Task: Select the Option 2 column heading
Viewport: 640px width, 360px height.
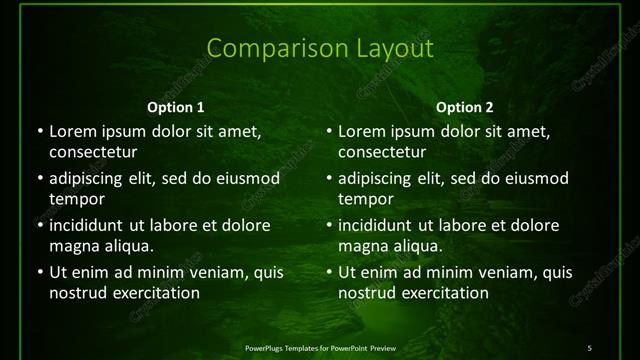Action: (465, 107)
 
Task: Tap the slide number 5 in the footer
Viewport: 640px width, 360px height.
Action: (590, 347)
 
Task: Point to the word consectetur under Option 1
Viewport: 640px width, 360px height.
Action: (93, 152)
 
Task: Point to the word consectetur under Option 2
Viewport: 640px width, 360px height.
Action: (382, 152)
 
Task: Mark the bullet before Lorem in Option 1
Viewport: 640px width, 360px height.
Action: (40, 131)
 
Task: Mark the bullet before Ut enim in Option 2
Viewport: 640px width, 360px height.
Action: (329, 272)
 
